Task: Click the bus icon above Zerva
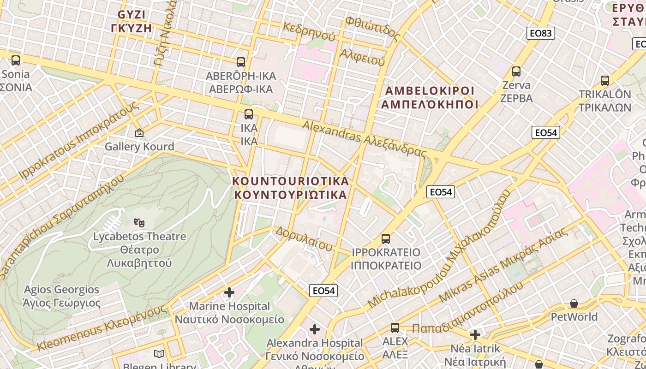pos(516,71)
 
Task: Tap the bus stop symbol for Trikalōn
pos(604,81)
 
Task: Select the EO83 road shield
pos(540,33)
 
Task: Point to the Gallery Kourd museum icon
pos(139,133)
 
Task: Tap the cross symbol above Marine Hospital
pos(229,292)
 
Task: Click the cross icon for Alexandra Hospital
pos(315,329)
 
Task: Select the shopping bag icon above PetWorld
pos(574,304)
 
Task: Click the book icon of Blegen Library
pos(159,354)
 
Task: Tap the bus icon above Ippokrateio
pos(386,239)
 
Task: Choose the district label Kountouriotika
pos(291,187)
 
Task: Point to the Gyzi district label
pos(132,21)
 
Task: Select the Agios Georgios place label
pos(61,296)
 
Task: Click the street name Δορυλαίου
pos(304,239)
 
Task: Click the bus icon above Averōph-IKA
pos(240,62)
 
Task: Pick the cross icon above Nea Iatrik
pos(475,334)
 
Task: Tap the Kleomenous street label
pos(101,328)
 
